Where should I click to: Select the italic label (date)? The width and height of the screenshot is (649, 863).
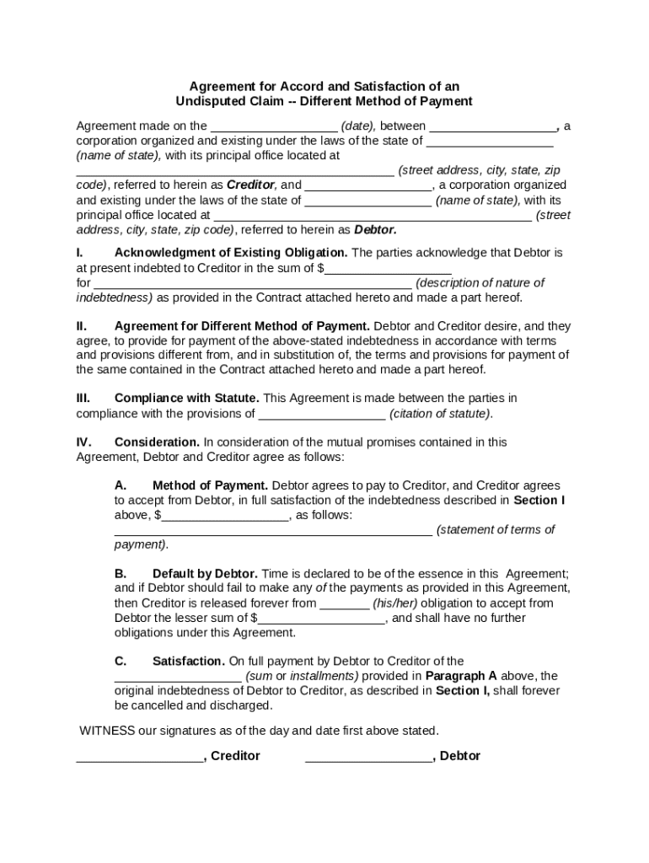361,126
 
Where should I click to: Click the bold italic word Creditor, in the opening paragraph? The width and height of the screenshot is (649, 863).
252,185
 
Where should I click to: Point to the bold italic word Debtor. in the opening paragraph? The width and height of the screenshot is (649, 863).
375,229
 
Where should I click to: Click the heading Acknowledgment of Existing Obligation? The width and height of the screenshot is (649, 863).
231,253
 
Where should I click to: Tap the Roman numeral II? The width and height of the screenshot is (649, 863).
82,326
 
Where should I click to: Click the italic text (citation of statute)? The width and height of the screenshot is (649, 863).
441,414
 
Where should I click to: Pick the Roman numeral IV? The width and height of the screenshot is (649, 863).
83,442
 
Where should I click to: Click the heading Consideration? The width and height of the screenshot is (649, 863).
158,442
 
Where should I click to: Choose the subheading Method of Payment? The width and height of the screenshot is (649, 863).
211,486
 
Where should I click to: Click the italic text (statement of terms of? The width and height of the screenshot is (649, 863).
496,530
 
